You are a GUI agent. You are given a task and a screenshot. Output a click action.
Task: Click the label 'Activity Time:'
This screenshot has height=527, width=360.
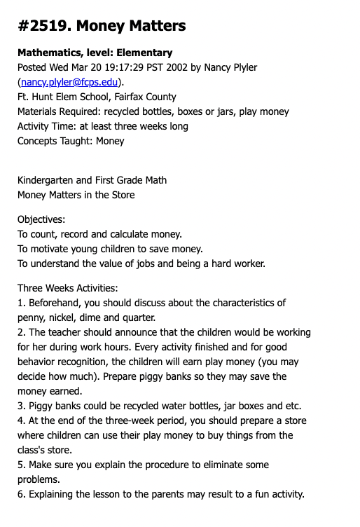[48, 126]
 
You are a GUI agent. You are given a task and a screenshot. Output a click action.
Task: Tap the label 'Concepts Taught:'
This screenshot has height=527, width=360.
[55, 141]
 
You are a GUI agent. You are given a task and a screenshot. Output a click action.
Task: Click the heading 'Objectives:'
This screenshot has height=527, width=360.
[42, 219]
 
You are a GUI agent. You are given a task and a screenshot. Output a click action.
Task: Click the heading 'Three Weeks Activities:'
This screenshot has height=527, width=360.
[67, 288]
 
